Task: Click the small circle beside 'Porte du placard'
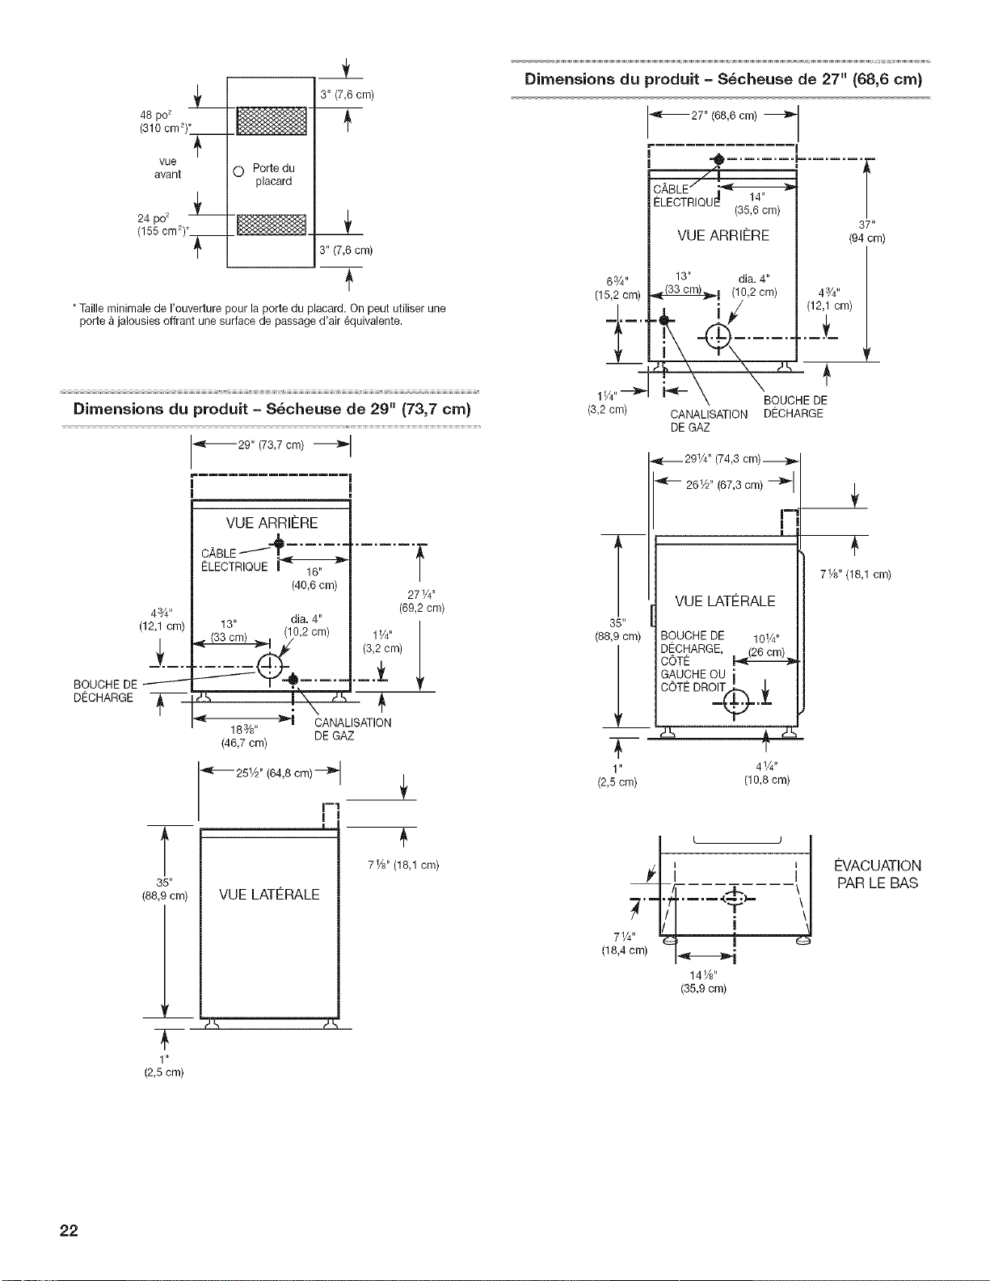click(x=238, y=172)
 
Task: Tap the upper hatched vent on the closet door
click(x=272, y=121)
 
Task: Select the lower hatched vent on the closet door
click(x=272, y=225)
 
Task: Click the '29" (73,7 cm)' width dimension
click(x=271, y=445)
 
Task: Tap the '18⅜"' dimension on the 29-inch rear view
click(x=242, y=731)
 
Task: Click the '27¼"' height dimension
click(x=421, y=594)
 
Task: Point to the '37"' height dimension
click(x=867, y=225)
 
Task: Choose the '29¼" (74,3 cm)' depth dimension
click(x=722, y=459)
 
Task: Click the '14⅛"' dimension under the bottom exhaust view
click(x=704, y=975)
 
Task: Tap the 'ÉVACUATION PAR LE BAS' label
click(x=878, y=874)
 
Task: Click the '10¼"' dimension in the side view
click(x=767, y=638)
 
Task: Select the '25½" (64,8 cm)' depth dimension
click(x=273, y=773)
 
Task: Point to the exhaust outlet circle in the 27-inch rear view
click(x=718, y=338)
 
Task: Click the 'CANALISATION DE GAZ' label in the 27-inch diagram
click(x=709, y=421)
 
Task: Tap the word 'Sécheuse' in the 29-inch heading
click(x=304, y=408)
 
